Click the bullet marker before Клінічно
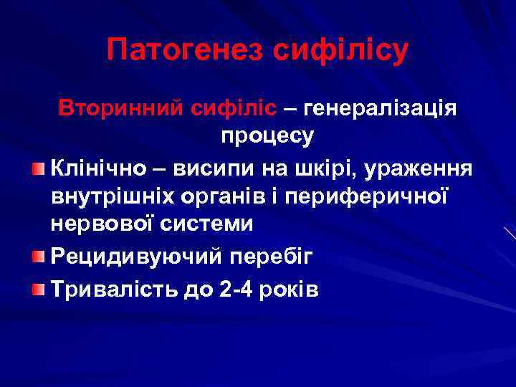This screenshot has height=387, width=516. (x=38, y=168)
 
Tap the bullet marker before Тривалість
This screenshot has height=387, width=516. (x=38, y=290)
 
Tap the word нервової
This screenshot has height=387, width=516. (x=99, y=224)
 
